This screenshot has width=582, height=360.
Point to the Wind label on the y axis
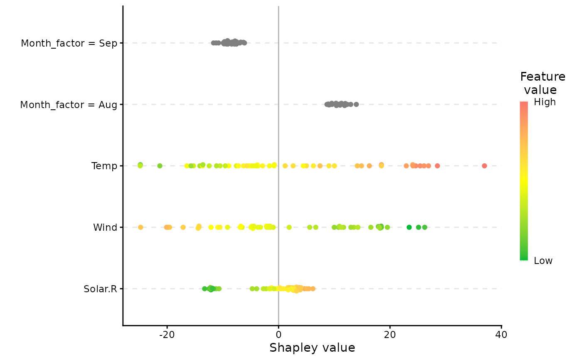click(x=105, y=227)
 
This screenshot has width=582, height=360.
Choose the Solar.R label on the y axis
click(x=100, y=289)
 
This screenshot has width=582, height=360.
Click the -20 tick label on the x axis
click(x=167, y=335)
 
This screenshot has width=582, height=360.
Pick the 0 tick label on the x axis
click(x=278, y=335)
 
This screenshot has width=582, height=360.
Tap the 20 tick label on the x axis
click(x=390, y=335)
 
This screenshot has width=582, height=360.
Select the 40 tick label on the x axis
click(x=501, y=335)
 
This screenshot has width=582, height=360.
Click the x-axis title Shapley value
click(x=312, y=348)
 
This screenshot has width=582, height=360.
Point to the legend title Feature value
click(x=542, y=83)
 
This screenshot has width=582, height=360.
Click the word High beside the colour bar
click(x=545, y=102)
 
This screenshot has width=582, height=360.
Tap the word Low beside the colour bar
click(x=543, y=261)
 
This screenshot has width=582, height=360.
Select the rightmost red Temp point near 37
click(x=484, y=166)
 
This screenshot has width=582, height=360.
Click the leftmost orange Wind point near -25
click(x=141, y=227)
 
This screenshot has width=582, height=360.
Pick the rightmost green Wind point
click(x=424, y=227)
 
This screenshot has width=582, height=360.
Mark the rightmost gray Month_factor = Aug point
click(x=356, y=104)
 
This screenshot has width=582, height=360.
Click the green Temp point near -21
click(x=160, y=166)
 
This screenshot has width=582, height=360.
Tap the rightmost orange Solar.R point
click(x=313, y=289)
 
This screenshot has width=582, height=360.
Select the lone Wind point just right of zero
click(x=289, y=227)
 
